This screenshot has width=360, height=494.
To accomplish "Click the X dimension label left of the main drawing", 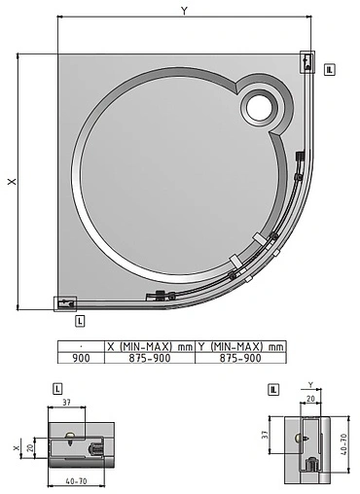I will point(13,182).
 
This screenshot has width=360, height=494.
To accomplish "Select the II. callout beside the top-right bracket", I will point(331,70).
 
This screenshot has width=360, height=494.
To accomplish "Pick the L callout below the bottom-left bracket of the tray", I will point(79,319).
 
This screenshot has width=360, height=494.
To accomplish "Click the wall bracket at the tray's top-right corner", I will point(307,62).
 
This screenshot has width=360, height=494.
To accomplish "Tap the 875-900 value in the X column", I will point(150,357).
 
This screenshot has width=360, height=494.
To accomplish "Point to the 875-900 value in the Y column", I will point(240,357).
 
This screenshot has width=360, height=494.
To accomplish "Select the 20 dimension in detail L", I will point(30,448).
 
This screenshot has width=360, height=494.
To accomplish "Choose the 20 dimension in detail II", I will point(311,398).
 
